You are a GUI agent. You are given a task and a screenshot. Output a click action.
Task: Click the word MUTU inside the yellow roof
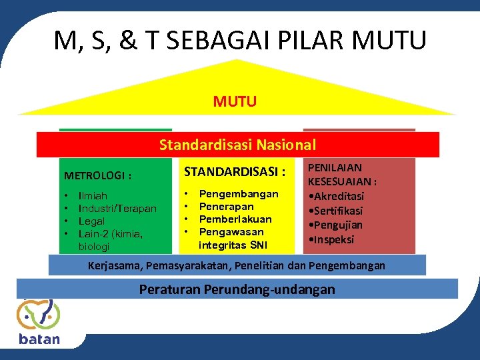click(x=235, y=101)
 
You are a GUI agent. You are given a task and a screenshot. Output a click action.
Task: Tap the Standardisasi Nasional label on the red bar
click(x=237, y=145)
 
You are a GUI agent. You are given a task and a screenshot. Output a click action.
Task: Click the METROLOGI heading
click(x=97, y=176)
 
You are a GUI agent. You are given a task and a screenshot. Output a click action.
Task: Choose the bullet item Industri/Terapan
click(x=117, y=209)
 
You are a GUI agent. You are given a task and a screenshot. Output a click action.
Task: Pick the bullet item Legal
click(x=91, y=221)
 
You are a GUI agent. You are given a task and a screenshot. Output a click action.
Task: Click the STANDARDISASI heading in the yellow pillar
click(x=235, y=172)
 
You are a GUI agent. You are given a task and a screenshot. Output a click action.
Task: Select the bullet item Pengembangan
click(x=239, y=194)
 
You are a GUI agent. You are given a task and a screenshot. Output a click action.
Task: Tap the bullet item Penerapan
click(x=226, y=207)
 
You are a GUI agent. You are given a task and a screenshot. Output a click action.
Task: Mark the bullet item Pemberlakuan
click(x=235, y=219)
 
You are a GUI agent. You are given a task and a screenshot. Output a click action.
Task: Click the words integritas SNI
click(x=233, y=245)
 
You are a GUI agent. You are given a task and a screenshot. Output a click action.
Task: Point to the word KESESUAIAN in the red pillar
click(x=341, y=181)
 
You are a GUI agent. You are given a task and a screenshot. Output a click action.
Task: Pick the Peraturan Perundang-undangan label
click(x=237, y=289)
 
